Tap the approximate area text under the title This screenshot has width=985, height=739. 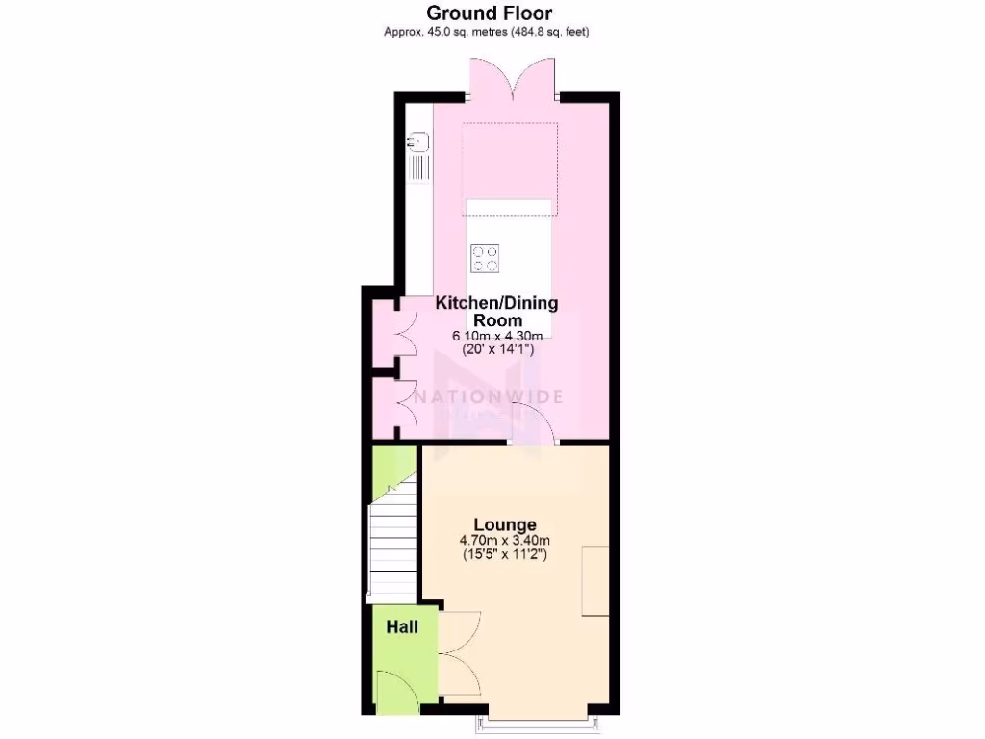pyautogui.click(x=487, y=32)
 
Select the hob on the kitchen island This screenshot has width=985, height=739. pyautogui.click(x=486, y=257)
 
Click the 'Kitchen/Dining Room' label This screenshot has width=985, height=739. pyautogui.click(x=496, y=312)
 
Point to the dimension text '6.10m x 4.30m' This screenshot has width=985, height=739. pyautogui.click(x=497, y=335)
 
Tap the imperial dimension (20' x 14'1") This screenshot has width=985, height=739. pyautogui.click(x=497, y=349)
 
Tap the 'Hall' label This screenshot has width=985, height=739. pyautogui.click(x=402, y=627)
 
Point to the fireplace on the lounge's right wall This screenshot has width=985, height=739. pyautogui.click(x=594, y=581)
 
